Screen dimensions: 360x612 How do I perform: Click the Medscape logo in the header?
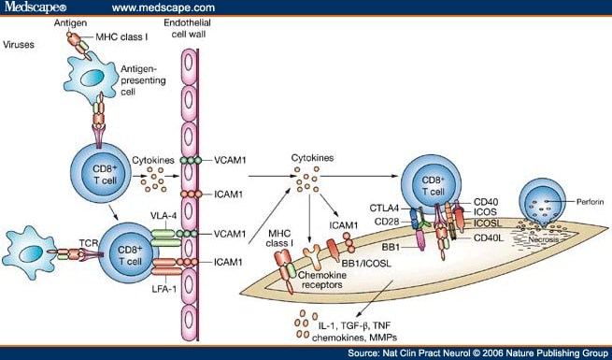(37, 8)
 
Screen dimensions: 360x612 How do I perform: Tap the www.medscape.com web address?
(157, 8)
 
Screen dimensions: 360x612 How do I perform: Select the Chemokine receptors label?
(312, 281)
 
